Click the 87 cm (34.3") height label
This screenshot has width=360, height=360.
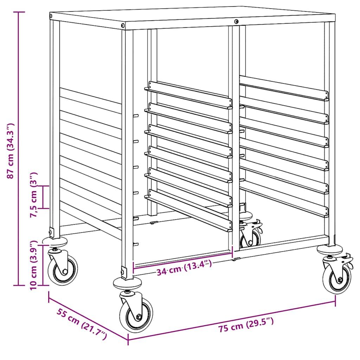[10, 150]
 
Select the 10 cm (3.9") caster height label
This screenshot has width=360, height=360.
[33, 265]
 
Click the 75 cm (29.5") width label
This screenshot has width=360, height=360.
[246, 324]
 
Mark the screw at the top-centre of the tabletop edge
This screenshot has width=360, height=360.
[236, 21]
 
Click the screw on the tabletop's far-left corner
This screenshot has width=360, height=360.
[51, 16]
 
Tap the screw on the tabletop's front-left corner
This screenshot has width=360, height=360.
[123, 25]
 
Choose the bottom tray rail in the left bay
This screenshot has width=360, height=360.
[188, 211]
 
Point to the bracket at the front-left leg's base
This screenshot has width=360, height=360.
[124, 273]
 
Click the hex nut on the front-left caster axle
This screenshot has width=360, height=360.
[139, 317]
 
